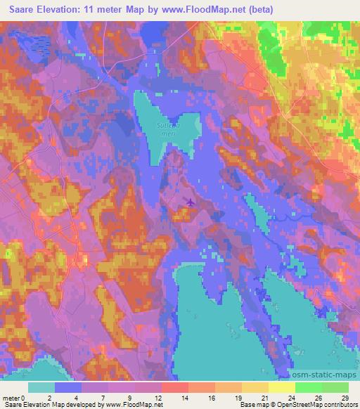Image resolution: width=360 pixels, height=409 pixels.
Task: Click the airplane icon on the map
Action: (190, 202)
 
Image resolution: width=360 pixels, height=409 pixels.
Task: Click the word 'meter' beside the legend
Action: (11, 397)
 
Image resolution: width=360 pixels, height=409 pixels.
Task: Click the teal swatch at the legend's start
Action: (41, 387)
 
